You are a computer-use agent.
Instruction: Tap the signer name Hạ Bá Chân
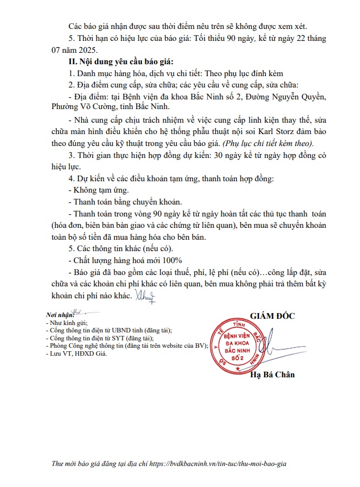273,374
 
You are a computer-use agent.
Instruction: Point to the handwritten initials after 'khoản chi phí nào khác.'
145,295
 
